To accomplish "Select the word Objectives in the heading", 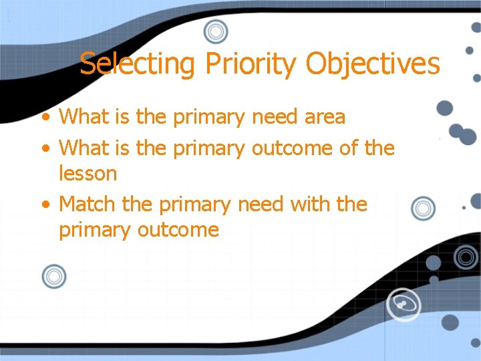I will point(373,64).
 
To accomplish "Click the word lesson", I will point(88,174).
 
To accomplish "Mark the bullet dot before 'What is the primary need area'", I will point(45,118).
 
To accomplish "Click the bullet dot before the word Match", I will point(45,204).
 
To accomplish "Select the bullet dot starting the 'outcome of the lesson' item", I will point(45,147).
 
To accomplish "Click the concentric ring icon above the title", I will point(216,31).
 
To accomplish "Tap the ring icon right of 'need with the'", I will point(424,209).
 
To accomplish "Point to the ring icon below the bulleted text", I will point(53,276).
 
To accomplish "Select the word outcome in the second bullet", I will point(292,147).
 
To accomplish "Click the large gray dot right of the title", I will point(444,108).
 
